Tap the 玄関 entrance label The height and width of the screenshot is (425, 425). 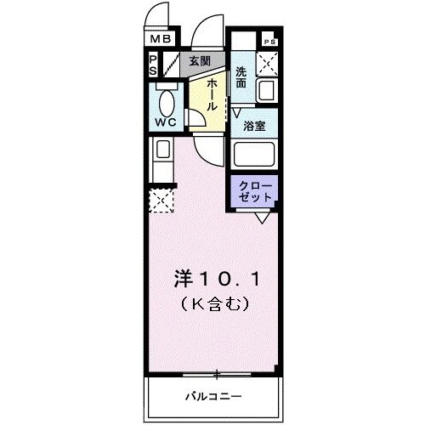(x=200, y=61)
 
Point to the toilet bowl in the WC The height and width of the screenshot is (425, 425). (x=167, y=103)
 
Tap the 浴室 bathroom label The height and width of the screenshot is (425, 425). (x=255, y=126)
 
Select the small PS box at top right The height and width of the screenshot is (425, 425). (x=269, y=42)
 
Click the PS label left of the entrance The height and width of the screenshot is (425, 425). (x=153, y=65)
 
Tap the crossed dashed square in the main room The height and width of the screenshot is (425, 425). (x=161, y=201)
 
